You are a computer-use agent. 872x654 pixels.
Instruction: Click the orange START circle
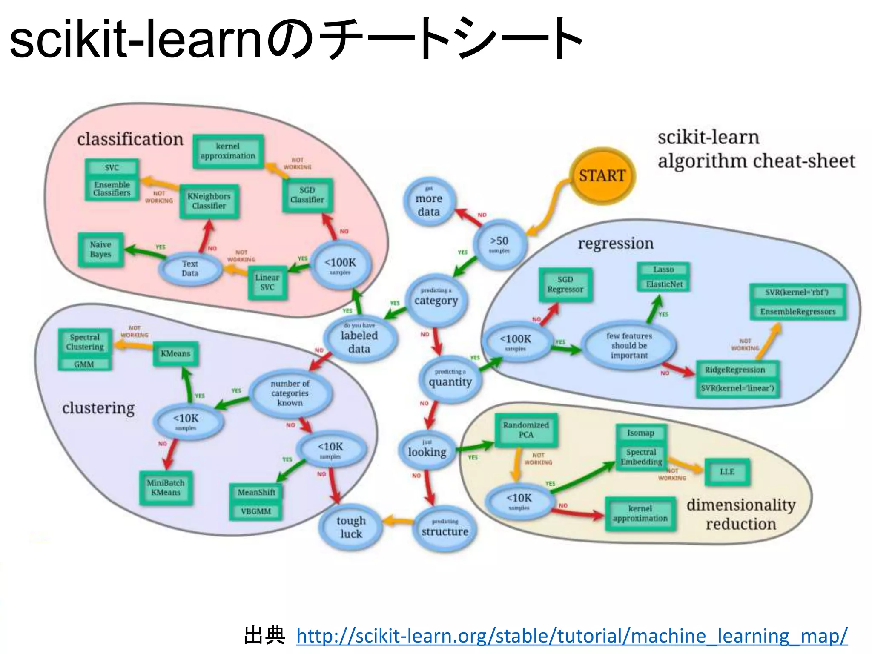tap(602, 176)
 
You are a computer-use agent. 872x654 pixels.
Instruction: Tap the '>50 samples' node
tap(499, 244)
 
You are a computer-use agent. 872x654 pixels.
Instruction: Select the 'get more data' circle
tap(429, 202)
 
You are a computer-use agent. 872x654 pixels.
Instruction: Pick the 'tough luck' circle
tap(351, 527)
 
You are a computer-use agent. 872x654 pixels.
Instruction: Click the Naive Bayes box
tap(101, 250)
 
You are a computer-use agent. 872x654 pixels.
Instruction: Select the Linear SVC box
tap(267, 282)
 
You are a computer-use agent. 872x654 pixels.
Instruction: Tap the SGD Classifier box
tap(307, 195)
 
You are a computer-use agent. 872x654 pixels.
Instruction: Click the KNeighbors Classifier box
tap(209, 201)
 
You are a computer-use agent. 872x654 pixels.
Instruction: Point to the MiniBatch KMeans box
tap(166, 488)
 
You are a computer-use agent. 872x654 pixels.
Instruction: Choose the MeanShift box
tap(256, 493)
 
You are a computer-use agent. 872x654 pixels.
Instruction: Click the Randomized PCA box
tap(526, 430)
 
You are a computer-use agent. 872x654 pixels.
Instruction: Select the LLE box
tap(727, 472)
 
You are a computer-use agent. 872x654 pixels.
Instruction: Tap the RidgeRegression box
tap(735, 370)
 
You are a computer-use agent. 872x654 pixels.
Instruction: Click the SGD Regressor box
tap(565, 284)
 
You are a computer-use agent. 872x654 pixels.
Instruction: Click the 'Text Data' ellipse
tap(190, 269)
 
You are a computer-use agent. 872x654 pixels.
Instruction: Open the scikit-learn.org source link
tap(571, 636)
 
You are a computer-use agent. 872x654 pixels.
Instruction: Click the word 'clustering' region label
tap(98, 408)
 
